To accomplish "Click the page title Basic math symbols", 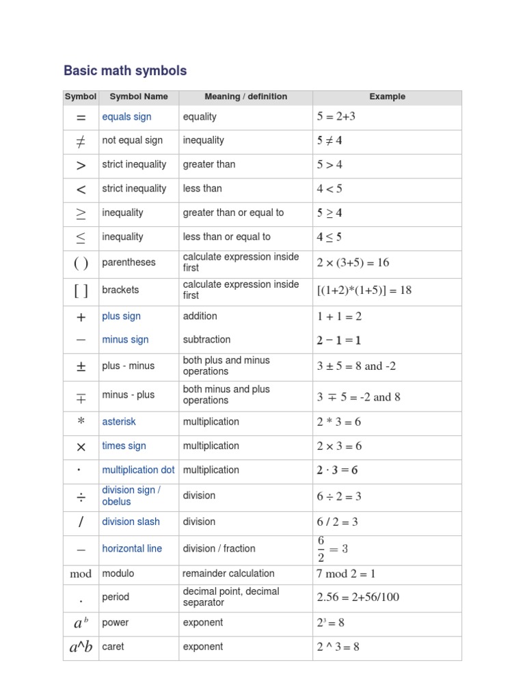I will click(125, 70).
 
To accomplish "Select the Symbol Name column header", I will click(139, 96).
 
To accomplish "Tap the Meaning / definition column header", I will click(245, 96).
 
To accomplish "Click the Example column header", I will click(387, 96).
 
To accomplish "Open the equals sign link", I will click(126, 117).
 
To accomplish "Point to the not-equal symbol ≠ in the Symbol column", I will click(81, 141).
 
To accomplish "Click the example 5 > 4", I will click(329, 165).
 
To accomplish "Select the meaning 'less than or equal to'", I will click(226, 237).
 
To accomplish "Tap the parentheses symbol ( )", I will click(81, 263).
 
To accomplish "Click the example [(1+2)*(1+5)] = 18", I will click(364, 290).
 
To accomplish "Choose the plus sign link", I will click(121, 316).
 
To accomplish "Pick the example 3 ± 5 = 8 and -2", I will click(356, 366).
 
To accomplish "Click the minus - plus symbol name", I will click(128, 394).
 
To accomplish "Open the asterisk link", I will click(119, 422).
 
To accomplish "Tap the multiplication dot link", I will click(138, 470).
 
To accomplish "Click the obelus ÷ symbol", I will click(81, 496).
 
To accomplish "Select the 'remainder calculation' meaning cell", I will click(228, 574).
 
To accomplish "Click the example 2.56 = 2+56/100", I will click(358, 597).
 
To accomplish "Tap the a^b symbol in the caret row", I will click(81, 647).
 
